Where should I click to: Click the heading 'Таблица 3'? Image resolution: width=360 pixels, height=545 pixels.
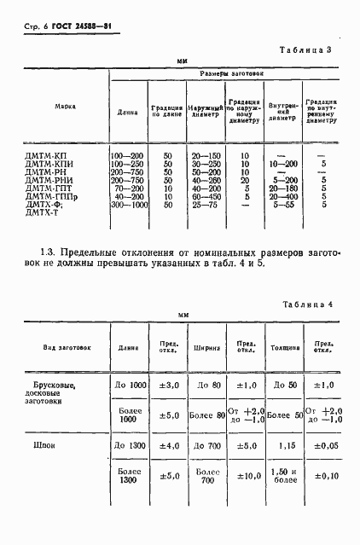305,50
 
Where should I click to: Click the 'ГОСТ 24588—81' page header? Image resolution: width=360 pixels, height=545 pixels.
78,31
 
